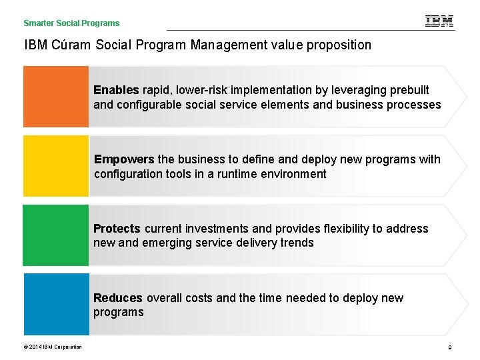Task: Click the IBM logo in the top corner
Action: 439,21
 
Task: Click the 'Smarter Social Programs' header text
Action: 71,23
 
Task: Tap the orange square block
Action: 56,97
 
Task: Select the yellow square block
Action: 56,166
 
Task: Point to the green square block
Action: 56,235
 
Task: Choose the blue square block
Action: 56,305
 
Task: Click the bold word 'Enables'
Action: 116,90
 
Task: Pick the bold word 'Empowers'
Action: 124,159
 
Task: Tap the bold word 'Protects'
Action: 117,229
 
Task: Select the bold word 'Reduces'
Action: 118,298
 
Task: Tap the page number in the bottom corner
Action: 451,347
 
